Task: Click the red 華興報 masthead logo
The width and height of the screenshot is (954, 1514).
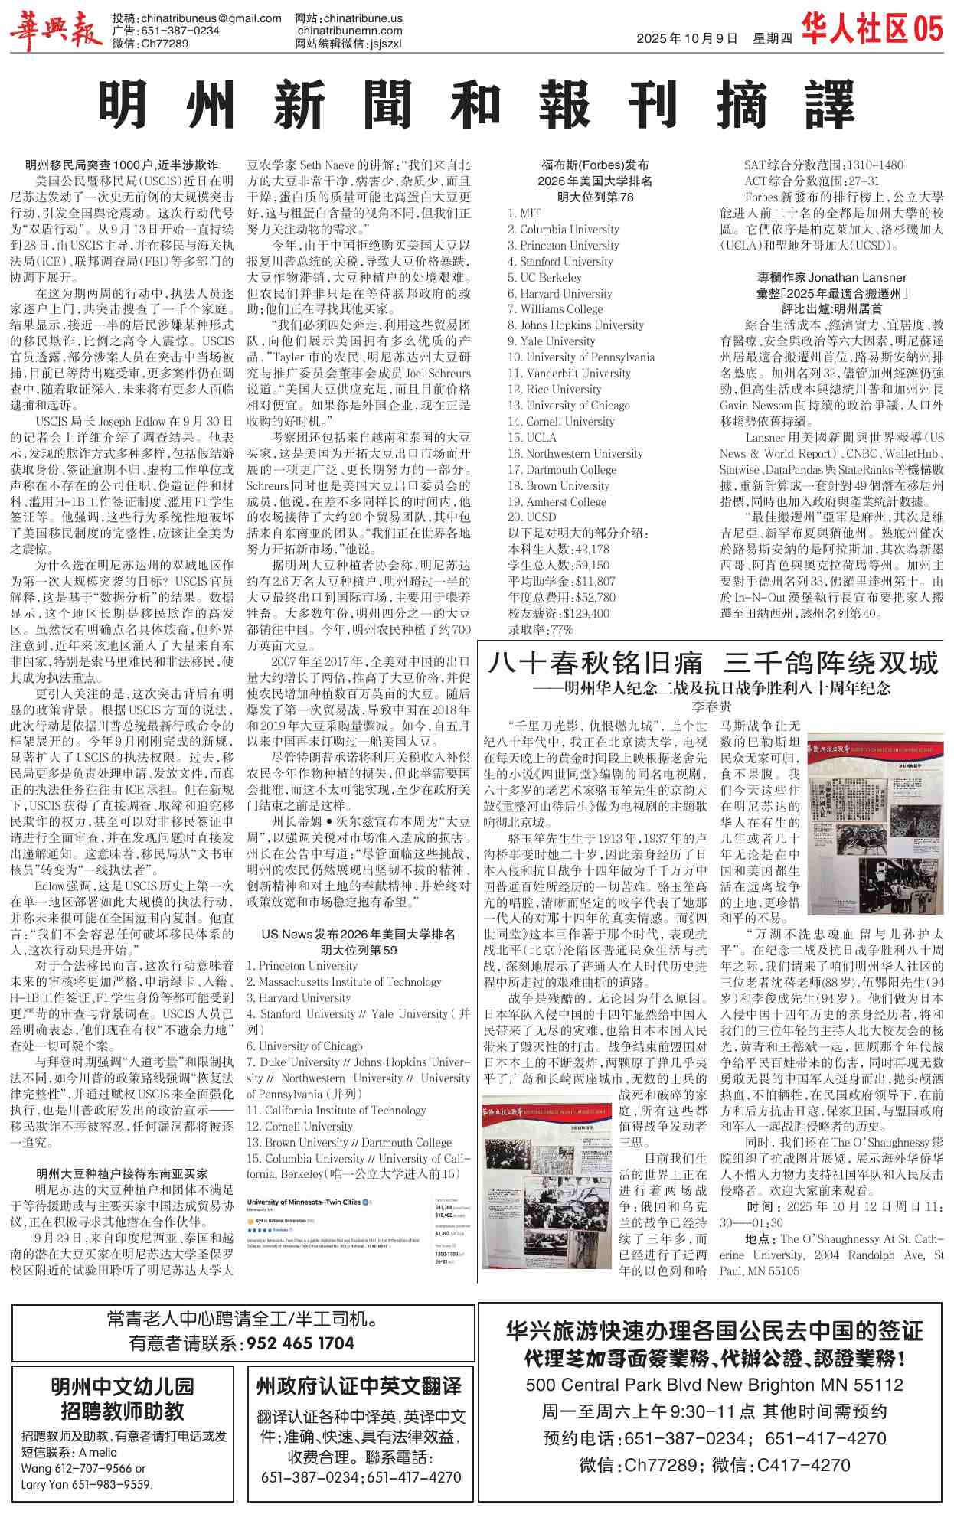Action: [x=56, y=31]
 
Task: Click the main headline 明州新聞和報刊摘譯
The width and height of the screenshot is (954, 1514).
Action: [x=476, y=106]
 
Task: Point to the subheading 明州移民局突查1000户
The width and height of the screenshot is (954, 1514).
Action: [x=122, y=165]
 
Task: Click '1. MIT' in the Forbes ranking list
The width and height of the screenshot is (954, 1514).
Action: [x=524, y=214]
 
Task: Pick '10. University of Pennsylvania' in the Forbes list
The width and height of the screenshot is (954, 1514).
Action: [x=581, y=357]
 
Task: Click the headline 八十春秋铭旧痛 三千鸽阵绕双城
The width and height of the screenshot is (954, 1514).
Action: [x=712, y=663]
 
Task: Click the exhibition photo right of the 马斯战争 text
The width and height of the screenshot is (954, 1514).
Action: [x=875, y=830]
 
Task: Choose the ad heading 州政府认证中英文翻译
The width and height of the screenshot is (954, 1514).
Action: [x=359, y=1386]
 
